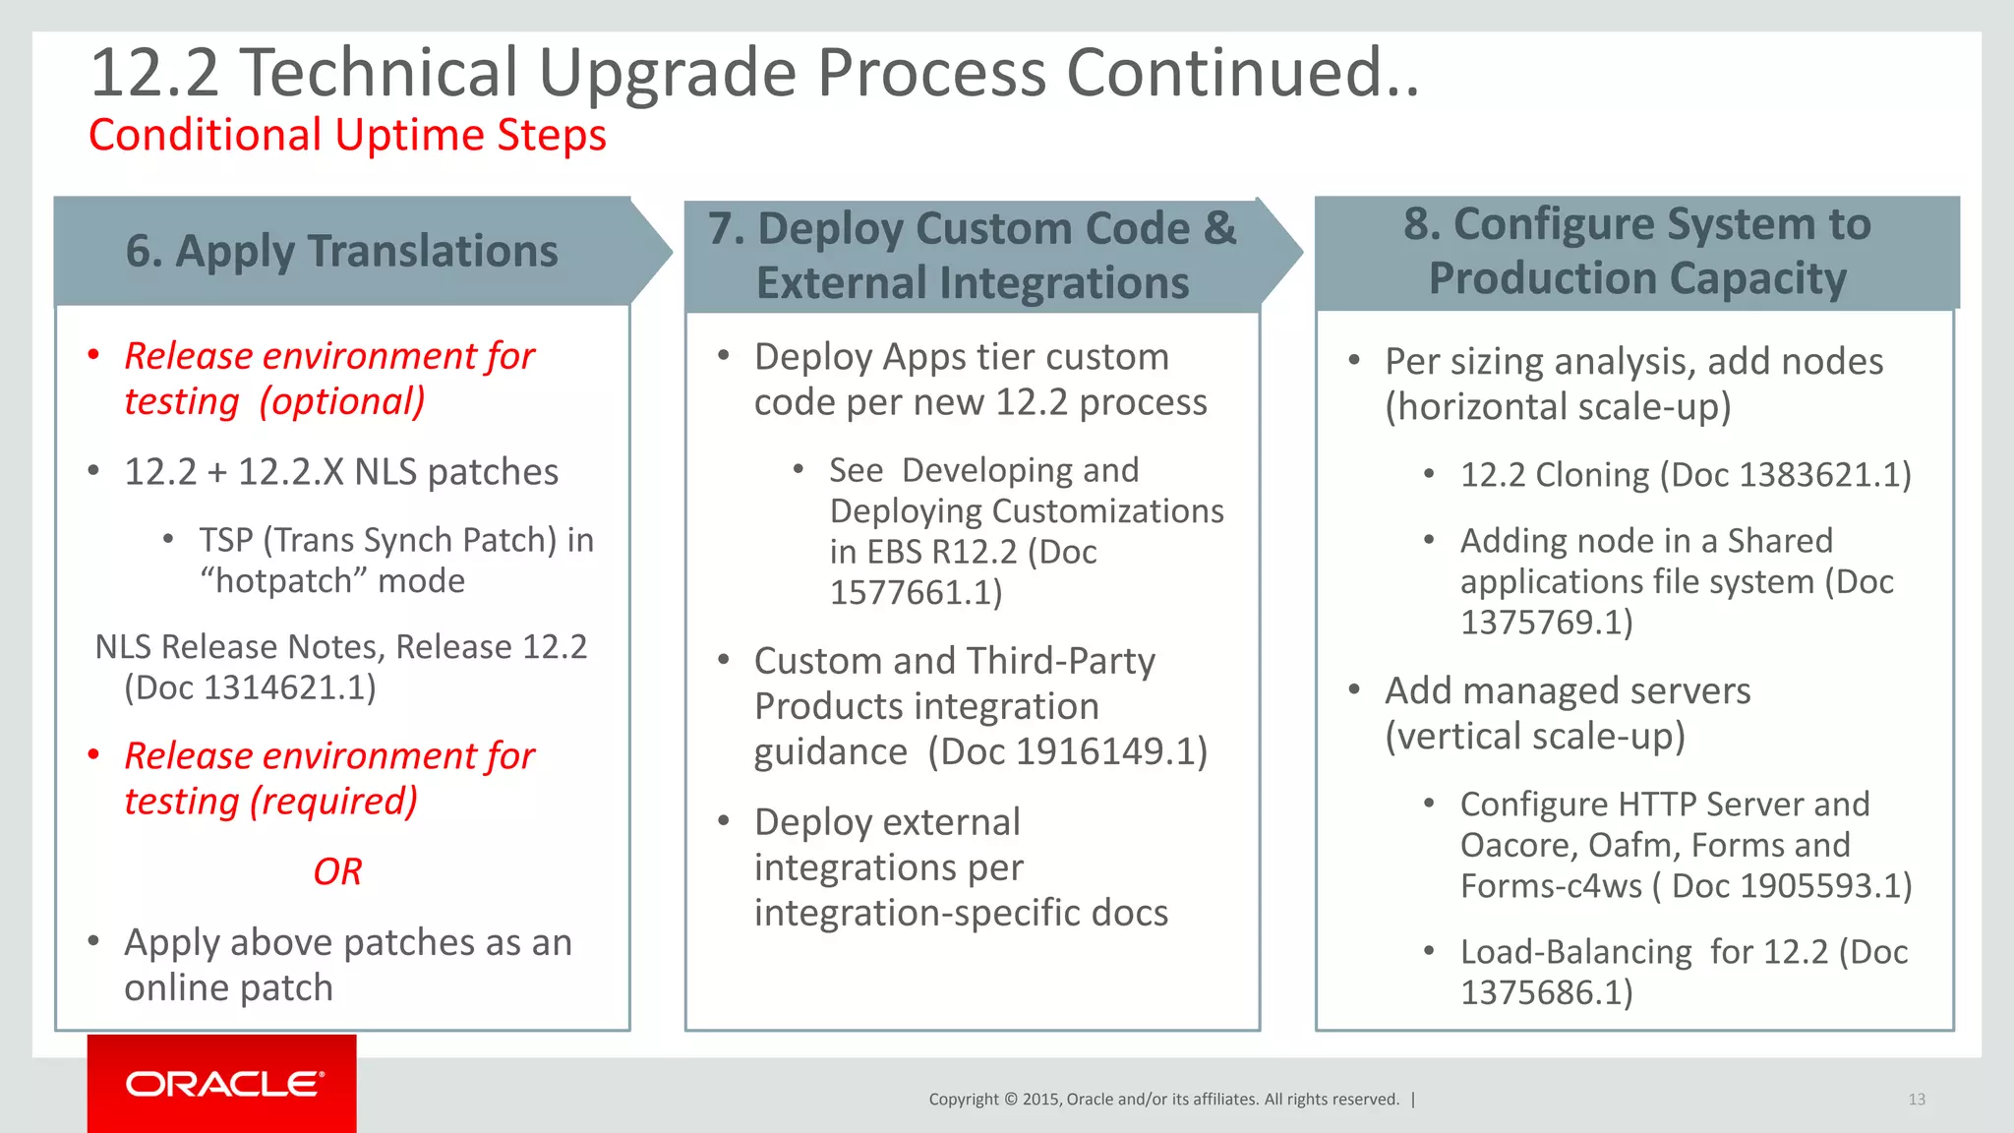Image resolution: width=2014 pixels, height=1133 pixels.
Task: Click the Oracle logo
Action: click(223, 1084)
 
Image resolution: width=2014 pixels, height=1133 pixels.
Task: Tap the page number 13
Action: click(1916, 1100)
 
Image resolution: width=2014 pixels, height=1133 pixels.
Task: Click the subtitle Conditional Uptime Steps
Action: click(347, 135)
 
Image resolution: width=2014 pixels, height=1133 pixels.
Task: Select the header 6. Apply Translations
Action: click(341, 251)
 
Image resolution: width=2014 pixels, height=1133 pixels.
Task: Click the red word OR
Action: click(337, 871)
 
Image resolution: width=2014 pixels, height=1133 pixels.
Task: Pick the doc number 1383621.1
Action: click(1819, 475)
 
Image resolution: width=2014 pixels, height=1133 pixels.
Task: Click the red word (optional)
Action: click(342, 401)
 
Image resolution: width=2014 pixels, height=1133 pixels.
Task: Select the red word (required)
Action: click(334, 802)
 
